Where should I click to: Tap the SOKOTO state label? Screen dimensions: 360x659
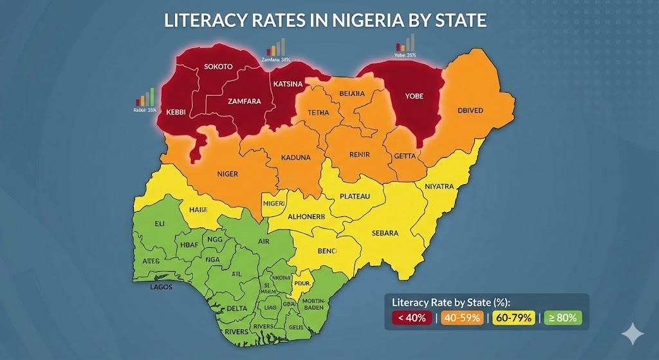[x=218, y=66]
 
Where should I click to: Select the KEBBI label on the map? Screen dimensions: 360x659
[x=176, y=111]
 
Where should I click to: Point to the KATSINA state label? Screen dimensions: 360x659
[x=288, y=84]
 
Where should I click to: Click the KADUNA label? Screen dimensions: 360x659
[x=296, y=157]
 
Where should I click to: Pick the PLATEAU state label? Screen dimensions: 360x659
[x=355, y=196]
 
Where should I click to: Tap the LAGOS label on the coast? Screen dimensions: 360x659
[x=161, y=287]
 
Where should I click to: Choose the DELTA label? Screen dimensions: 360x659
[x=237, y=308]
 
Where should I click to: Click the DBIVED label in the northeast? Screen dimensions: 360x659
[x=470, y=110]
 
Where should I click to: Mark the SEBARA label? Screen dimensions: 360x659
[x=385, y=232]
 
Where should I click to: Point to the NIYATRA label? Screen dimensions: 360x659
[x=439, y=187]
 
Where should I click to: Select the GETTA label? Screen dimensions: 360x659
[x=405, y=156]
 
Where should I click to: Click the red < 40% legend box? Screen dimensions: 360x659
[x=412, y=317]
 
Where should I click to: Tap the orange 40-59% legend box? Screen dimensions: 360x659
[x=461, y=317]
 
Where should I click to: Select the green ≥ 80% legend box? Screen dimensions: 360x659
[x=563, y=317]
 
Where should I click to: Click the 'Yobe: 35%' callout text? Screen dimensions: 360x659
[x=405, y=55]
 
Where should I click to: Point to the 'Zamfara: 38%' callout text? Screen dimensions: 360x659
[x=275, y=60]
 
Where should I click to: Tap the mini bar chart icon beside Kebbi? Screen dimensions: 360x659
[x=145, y=97]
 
